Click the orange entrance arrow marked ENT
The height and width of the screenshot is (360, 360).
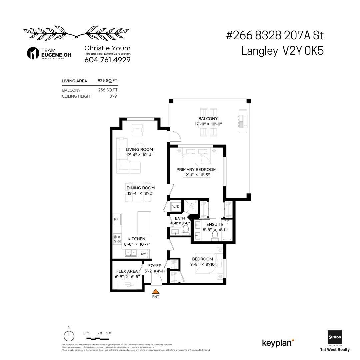[155, 291]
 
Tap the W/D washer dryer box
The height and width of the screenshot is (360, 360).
[175, 206]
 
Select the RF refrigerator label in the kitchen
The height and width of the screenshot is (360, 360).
[116, 219]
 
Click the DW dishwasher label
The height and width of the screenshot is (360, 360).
[143, 254]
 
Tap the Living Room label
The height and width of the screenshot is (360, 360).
[139, 149]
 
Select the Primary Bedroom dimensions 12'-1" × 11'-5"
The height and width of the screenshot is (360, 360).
[196, 175]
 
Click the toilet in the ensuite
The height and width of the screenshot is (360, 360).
[215, 235]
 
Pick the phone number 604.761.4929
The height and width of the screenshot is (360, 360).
[107, 60]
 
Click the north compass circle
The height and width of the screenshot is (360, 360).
[69, 336]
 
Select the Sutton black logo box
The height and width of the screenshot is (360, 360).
[335, 338]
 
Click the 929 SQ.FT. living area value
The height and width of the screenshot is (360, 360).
[108, 81]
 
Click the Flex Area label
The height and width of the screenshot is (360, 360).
[127, 271]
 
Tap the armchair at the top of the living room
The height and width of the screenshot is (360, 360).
[137, 130]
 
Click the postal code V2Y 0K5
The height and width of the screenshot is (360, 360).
[303, 51]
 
